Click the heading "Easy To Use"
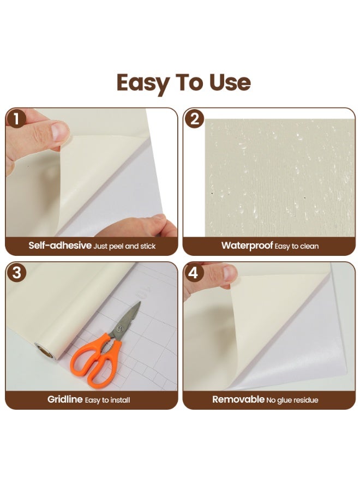pos(183,82)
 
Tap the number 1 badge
pos(16,119)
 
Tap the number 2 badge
pos(194,119)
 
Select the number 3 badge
pos(16,273)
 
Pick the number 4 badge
pos(194,273)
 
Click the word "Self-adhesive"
pos(60,245)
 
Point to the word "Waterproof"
pos(247,245)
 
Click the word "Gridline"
pos(65,399)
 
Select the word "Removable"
pos(238,399)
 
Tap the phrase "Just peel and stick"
pos(125,246)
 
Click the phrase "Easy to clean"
pos(297,246)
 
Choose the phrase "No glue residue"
pos(292,400)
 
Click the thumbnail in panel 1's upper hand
pos(60,131)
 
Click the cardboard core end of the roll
pos(44,351)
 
